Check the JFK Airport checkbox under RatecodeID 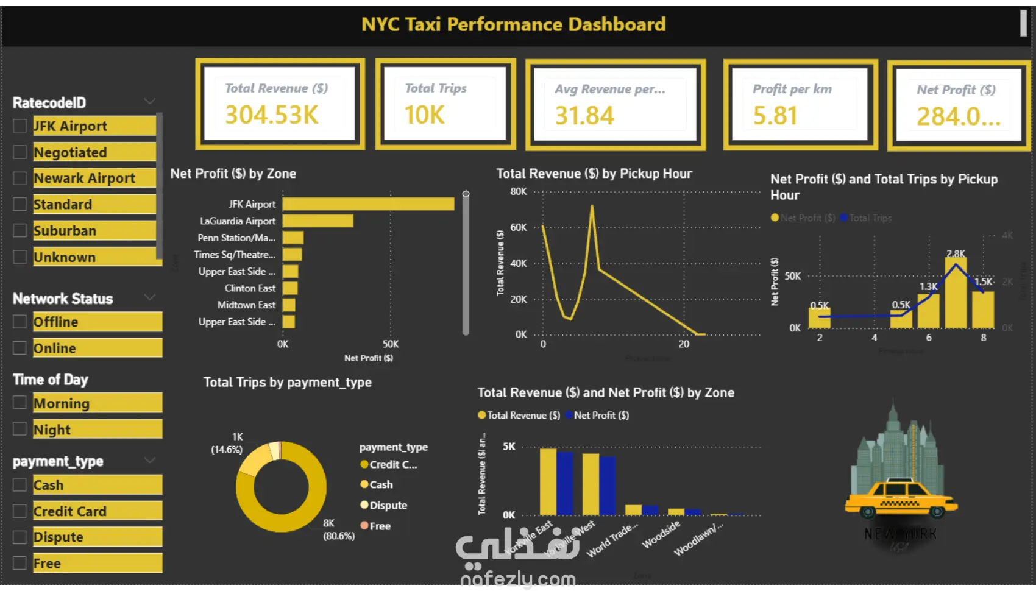click(x=20, y=126)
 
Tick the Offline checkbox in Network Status click(x=20, y=322)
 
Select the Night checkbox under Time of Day click(x=20, y=429)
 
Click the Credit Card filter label click(x=70, y=511)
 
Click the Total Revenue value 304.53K click(x=272, y=115)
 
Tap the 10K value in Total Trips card click(x=425, y=115)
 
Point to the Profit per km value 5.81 click(x=775, y=116)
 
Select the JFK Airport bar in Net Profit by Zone click(x=368, y=204)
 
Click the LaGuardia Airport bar click(x=318, y=221)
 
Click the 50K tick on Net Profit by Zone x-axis click(x=391, y=344)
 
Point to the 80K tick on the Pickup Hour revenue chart click(x=519, y=191)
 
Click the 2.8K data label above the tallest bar click(x=956, y=253)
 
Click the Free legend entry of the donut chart click(x=380, y=526)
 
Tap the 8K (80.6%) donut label click(x=338, y=529)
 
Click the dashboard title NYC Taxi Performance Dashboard click(x=513, y=24)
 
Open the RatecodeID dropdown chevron click(x=149, y=101)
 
